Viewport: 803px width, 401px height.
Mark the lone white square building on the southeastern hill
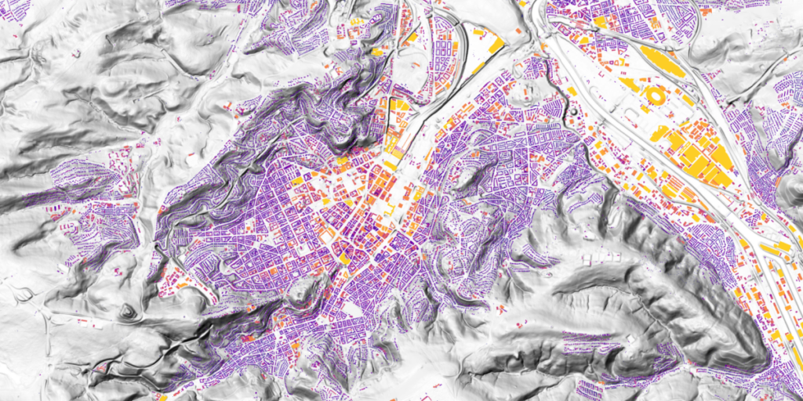(x=627, y=338)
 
